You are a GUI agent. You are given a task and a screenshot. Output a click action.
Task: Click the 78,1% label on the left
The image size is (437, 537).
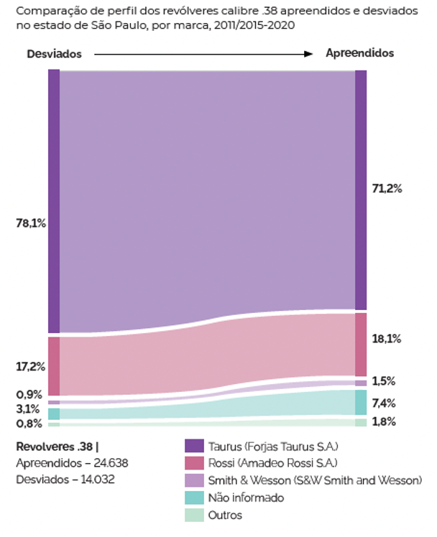[x=31, y=223]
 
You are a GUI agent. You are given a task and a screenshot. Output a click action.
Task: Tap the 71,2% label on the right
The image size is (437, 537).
[x=387, y=189]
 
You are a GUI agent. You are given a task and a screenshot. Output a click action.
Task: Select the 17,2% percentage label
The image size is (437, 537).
[x=31, y=366]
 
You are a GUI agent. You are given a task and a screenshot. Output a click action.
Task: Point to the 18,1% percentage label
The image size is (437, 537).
[x=387, y=338]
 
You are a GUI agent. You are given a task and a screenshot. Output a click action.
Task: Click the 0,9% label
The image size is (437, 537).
[x=29, y=394]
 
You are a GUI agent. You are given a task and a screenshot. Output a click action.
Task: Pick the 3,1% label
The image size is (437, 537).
[x=29, y=408]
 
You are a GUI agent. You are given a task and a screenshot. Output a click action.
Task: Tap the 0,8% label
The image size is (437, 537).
[x=29, y=423]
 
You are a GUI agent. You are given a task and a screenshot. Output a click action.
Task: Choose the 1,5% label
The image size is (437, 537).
[x=384, y=381]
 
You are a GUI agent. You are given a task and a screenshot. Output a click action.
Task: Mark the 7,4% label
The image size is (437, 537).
[x=384, y=403]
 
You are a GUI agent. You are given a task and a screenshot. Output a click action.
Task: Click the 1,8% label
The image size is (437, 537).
[x=384, y=421]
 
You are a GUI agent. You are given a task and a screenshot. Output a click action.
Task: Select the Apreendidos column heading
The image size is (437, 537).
[x=359, y=53]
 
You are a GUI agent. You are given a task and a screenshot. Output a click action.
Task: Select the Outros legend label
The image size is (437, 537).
[x=226, y=515]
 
